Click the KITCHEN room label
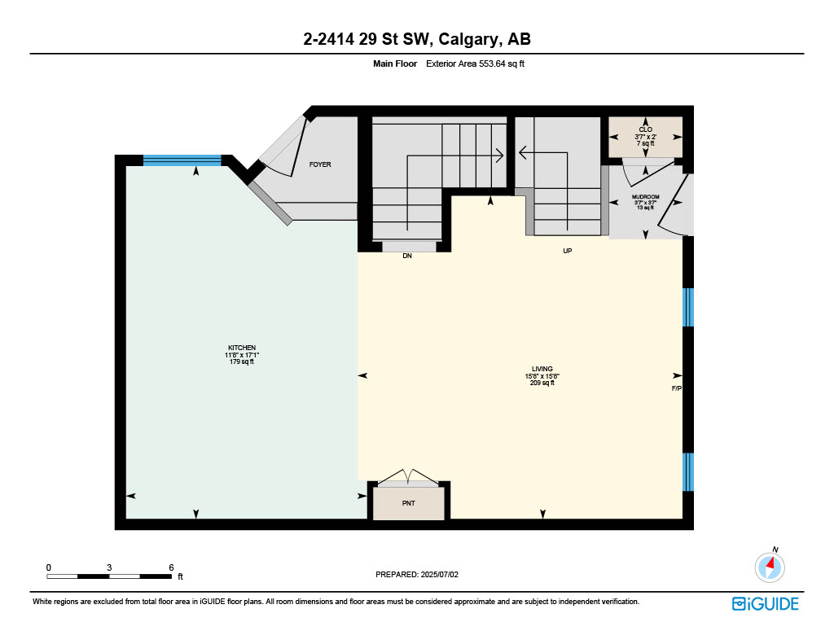point(242,348)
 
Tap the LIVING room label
point(542,369)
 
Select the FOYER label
point(320,164)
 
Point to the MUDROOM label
point(645,197)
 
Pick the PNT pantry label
point(409,503)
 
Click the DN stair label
point(407,256)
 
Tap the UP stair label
point(568,251)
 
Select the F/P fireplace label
point(676,389)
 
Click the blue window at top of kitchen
point(182,160)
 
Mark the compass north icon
point(770,566)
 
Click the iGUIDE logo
point(765,603)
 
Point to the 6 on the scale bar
point(171,567)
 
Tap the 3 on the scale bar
point(109,567)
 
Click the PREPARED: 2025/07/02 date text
point(418,574)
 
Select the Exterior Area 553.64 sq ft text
point(475,64)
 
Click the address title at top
point(417,39)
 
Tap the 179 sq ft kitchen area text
point(242,362)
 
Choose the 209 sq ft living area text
point(542,383)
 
